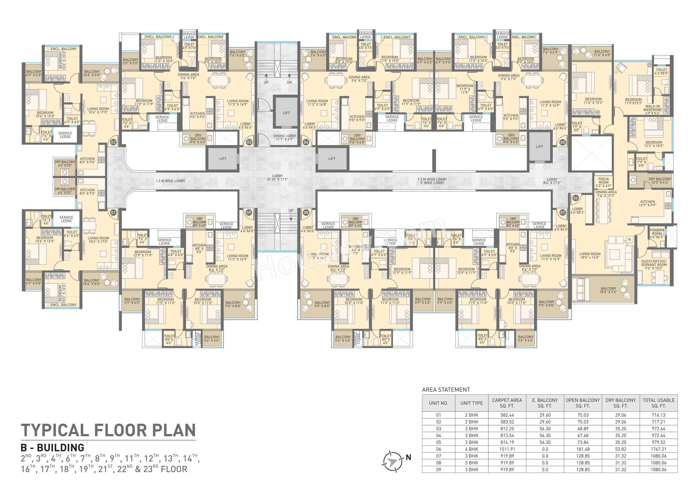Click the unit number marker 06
click(x=575, y=198)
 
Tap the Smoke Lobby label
click(x=284, y=137)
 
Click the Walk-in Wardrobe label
click(x=653, y=110)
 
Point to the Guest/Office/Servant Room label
click(x=654, y=264)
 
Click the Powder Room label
click(x=657, y=233)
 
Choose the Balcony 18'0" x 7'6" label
click(x=608, y=290)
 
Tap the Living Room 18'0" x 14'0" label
click(x=590, y=255)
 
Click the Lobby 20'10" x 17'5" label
click(x=277, y=177)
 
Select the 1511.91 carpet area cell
click(x=507, y=449)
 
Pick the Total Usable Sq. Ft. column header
click(x=658, y=403)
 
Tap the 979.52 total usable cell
click(x=658, y=442)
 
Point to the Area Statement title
click(x=446, y=390)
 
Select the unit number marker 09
click(x=249, y=212)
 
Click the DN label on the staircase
click(x=289, y=82)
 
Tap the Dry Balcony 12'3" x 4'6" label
click(x=660, y=181)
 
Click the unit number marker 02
click(x=113, y=142)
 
